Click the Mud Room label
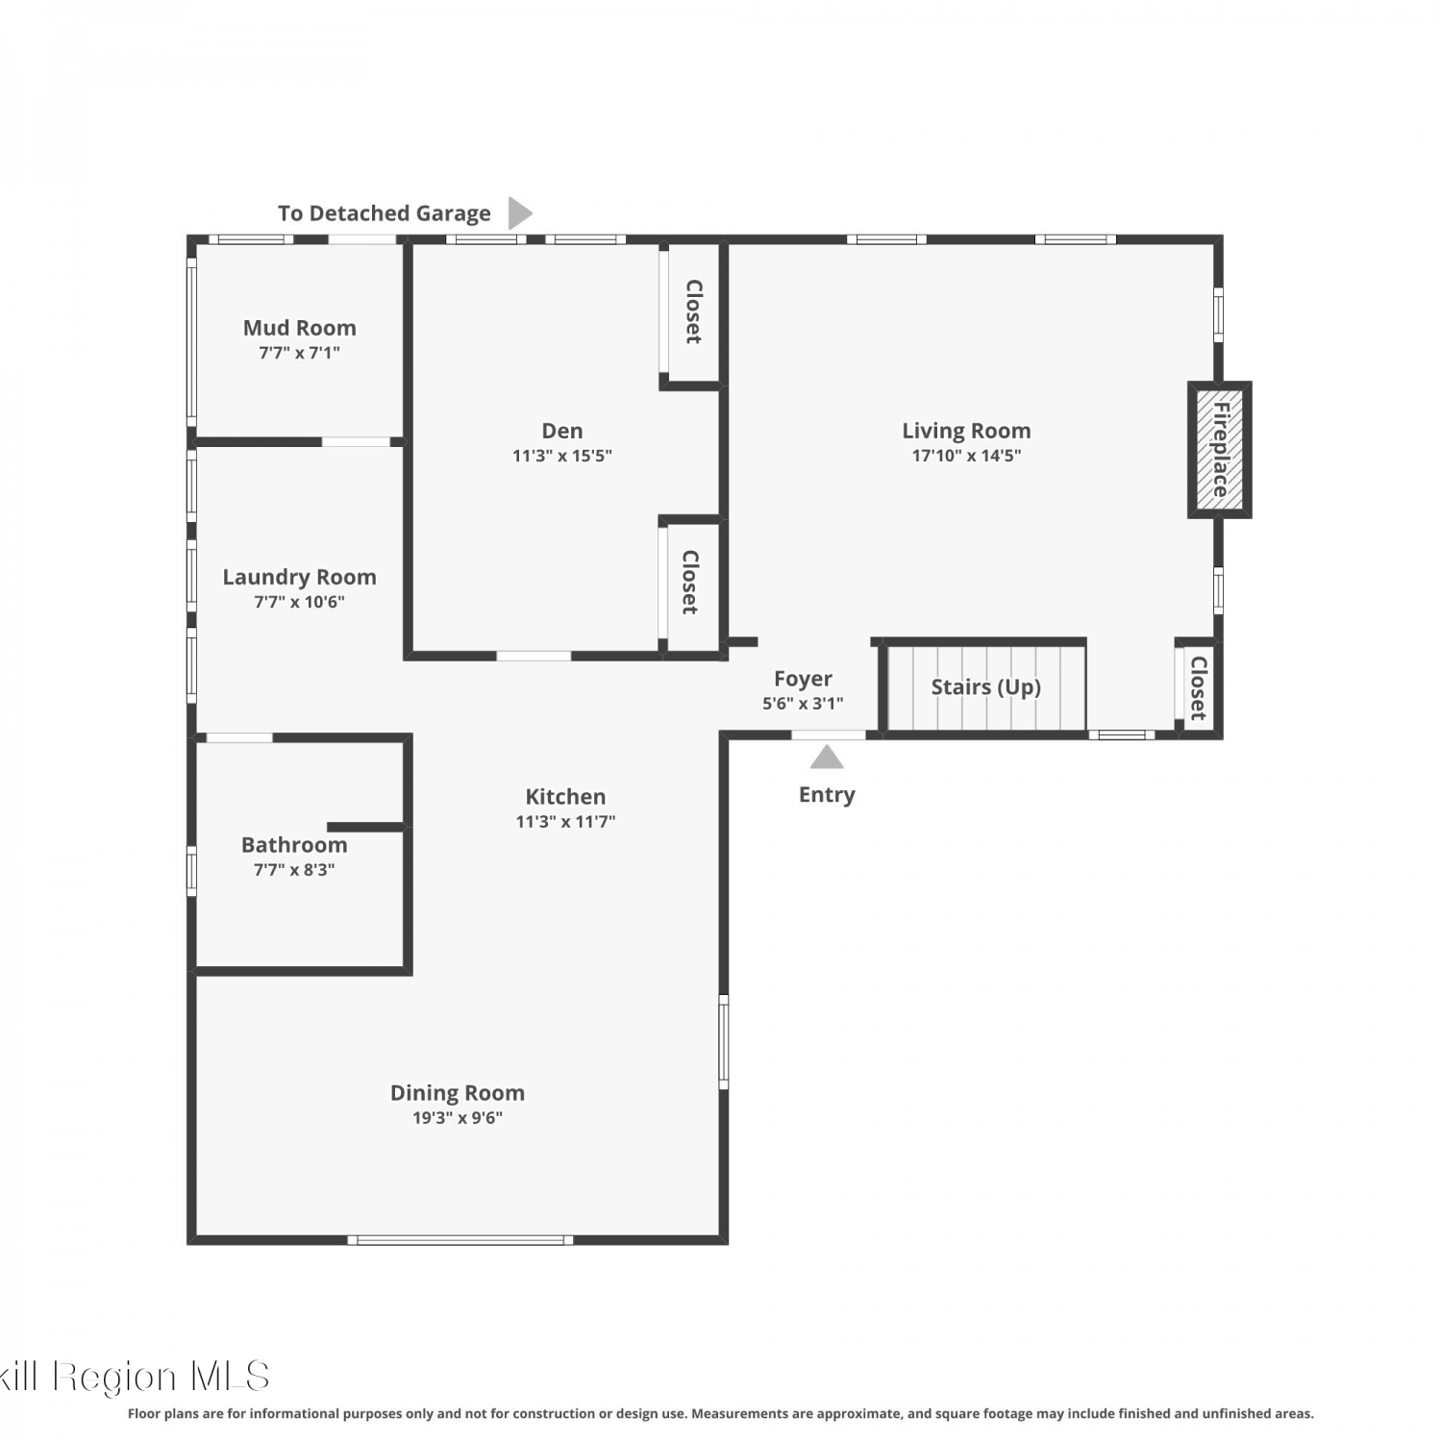299,328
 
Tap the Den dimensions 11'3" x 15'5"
562,456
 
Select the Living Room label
966,431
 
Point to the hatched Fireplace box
1220,450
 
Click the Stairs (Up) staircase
985,687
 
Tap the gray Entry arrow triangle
827,758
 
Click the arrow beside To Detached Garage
520,212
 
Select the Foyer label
803,679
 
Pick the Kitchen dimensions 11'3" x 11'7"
565,821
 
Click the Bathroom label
294,845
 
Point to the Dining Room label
458,1093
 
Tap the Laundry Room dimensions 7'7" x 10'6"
299,602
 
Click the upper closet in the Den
693,311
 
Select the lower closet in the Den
690,583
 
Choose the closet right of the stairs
1198,687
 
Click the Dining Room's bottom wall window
460,1240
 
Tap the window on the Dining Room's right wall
724,1042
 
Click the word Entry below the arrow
827,795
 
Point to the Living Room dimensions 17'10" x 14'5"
966,456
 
